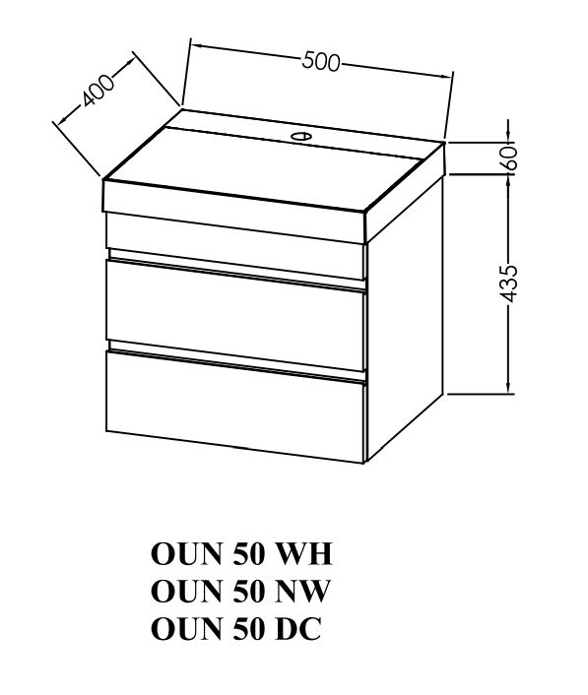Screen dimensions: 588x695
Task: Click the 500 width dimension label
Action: coord(321,62)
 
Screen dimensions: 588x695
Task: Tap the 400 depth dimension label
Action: coord(98,91)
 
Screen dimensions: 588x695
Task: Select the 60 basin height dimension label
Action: coord(511,156)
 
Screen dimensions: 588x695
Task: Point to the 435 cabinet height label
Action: coord(510,284)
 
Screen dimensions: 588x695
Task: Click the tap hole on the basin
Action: coord(300,136)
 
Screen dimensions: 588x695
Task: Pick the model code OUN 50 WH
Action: coord(241,553)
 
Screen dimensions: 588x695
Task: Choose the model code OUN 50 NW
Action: coord(240,591)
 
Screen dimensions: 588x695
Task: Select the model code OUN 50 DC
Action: coord(236,628)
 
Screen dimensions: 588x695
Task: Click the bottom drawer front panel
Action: coord(235,407)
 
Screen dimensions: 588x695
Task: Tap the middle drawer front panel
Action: coord(236,316)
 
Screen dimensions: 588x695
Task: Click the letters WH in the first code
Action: coord(304,553)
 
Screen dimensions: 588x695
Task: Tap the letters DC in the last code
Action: coord(298,628)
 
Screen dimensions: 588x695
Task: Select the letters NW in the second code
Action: coord(303,591)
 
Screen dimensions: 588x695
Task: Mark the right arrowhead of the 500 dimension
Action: coord(447,76)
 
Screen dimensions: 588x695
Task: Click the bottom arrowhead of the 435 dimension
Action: coord(509,387)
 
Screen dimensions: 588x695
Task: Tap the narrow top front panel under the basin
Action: coord(235,246)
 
